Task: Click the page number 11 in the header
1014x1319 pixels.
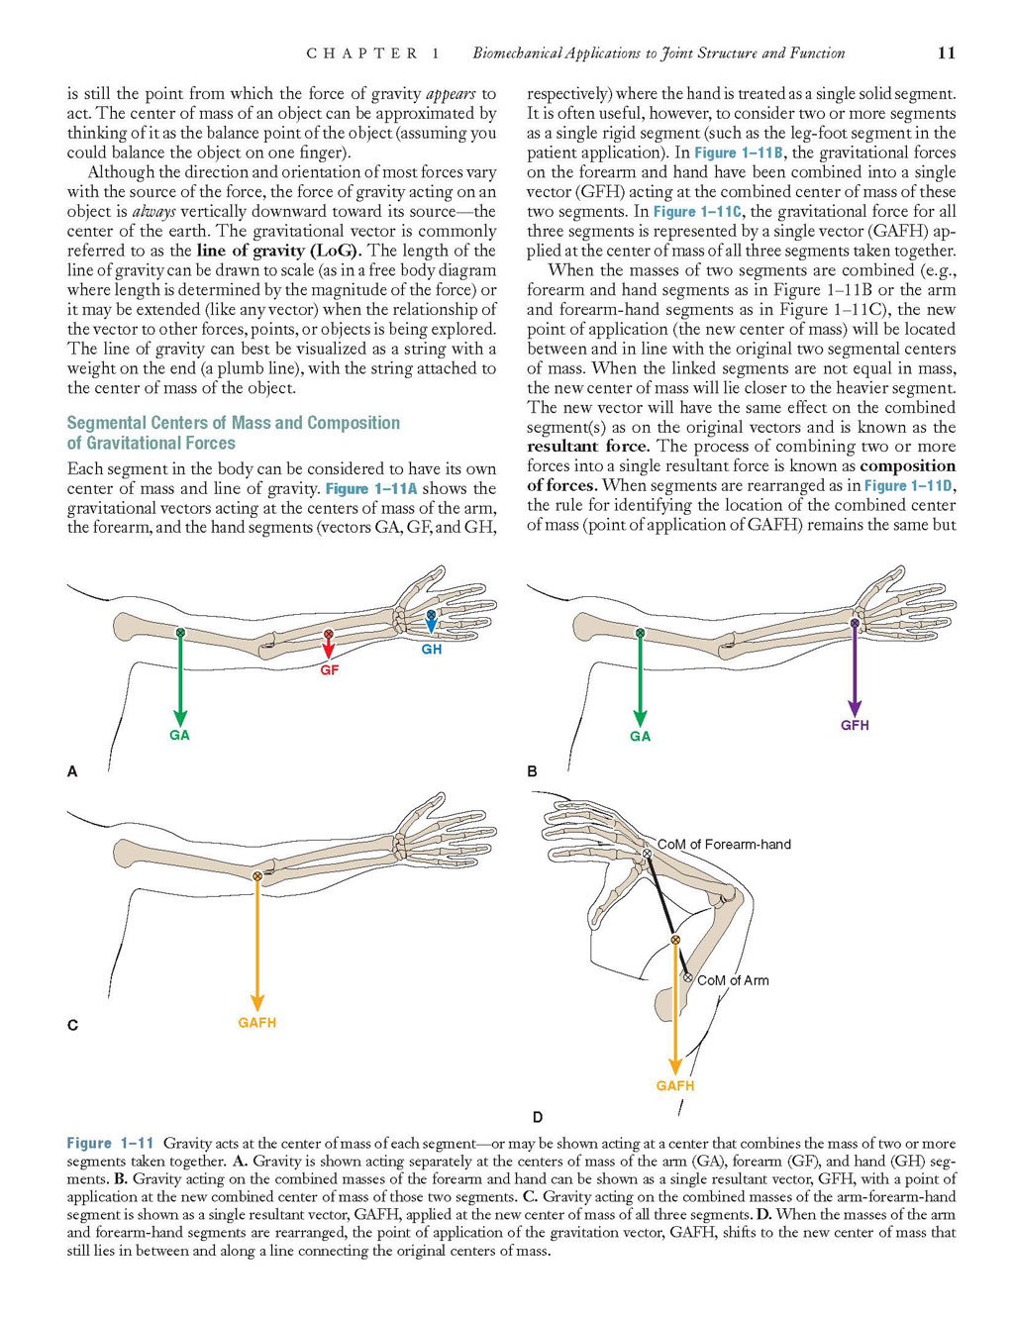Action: click(946, 53)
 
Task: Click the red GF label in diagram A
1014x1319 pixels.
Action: click(329, 670)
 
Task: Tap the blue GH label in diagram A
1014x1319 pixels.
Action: click(432, 650)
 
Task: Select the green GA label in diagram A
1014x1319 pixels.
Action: click(179, 735)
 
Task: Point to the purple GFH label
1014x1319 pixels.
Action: click(855, 725)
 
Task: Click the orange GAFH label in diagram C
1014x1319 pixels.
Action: click(257, 1023)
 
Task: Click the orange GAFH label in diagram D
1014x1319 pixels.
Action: click(674, 1086)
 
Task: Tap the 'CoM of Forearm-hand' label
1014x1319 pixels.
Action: click(724, 845)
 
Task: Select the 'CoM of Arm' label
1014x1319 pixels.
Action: click(733, 980)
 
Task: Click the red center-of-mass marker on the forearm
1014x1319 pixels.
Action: click(329, 634)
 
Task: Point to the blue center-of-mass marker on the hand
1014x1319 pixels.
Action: click(430, 614)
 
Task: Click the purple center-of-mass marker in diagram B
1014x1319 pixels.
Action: click(855, 624)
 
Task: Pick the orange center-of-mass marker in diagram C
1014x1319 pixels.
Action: click(257, 876)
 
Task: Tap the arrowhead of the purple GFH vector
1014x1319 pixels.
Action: click(855, 708)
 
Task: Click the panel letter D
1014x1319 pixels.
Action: click(538, 1117)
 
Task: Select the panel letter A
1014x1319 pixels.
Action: click(72, 771)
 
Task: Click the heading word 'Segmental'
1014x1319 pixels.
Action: click(107, 423)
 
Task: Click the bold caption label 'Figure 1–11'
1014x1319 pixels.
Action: click(110, 1143)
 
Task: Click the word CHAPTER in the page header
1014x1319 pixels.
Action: click(362, 53)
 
